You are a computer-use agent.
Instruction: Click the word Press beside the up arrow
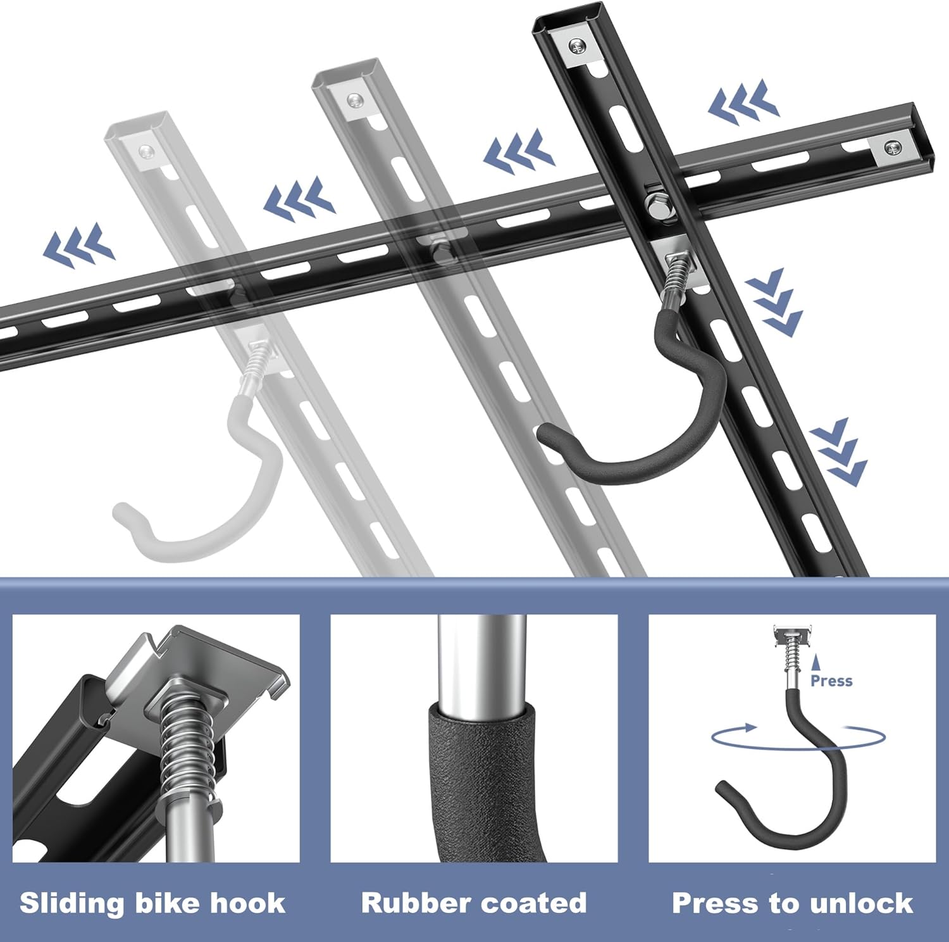coord(831,681)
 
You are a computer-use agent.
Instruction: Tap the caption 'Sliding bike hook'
coord(152,903)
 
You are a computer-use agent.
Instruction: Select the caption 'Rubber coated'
coord(474,903)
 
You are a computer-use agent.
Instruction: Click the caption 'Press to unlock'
coord(792,903)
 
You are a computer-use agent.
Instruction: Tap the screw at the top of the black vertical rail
coord(576,46)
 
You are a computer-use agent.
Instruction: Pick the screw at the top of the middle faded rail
coord(355,99)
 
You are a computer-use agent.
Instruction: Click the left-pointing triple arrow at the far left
coord(79,244)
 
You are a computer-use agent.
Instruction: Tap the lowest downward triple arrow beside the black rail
coord(839,452)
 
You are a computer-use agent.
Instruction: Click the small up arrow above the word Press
coord(816,663)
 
